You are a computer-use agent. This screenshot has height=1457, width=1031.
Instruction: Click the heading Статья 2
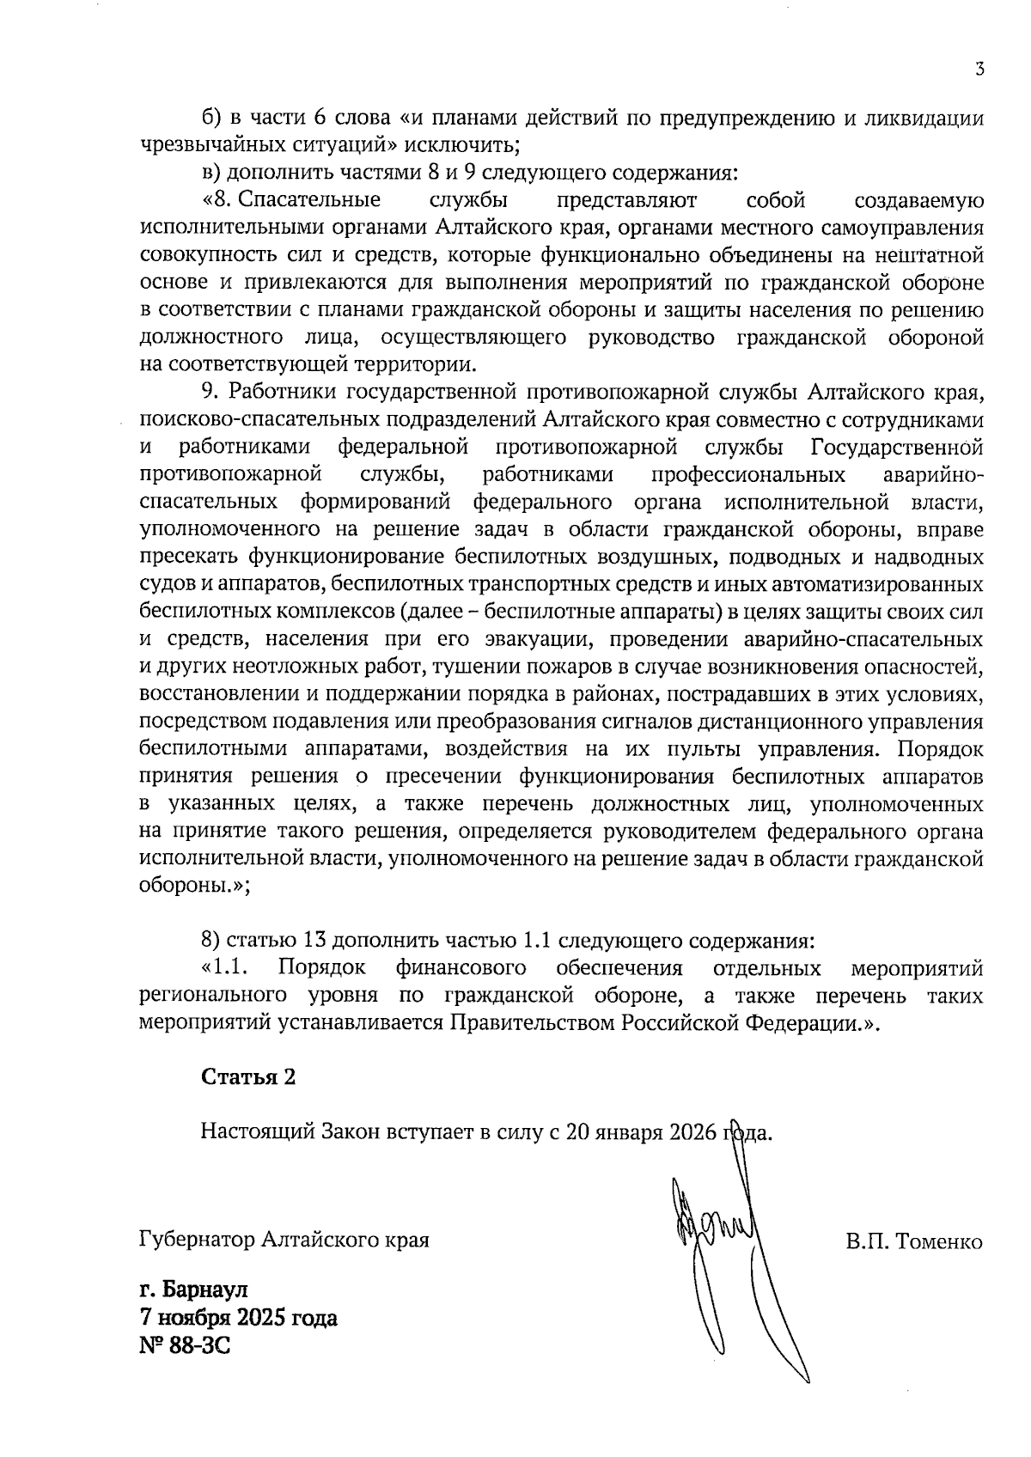click(x=248, y=1077)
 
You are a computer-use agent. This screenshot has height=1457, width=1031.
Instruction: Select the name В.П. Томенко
click(x=913, y=1241)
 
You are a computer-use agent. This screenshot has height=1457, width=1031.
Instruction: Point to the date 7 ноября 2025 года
click(x=238, y=1318)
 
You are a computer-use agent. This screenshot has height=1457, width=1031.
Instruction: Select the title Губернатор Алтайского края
click(x=284, y=1241)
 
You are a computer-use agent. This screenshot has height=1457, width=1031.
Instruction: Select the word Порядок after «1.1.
click(x=322, y=968)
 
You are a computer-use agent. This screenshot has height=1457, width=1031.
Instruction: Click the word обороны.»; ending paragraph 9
click(x=195, y=887)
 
